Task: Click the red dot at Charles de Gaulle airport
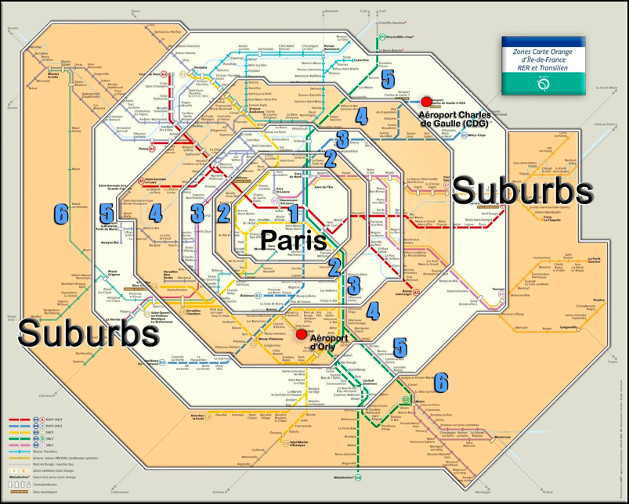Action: tap(427, 102)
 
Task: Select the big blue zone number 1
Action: tap(294, 213)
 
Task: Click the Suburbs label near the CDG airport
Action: tap(522, 189)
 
